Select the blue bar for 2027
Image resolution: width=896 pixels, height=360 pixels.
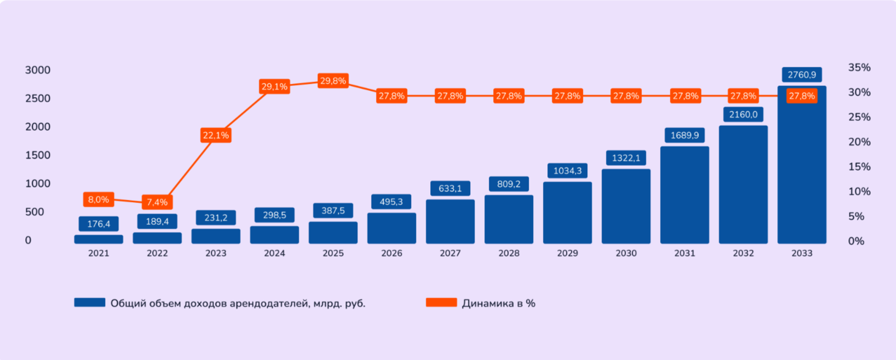(450, 222)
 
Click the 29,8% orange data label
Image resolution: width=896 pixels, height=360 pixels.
(333, 81)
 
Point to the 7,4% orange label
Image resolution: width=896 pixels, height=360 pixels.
(157, 202)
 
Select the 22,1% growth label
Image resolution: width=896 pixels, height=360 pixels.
(216, 135)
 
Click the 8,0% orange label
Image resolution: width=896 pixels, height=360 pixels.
(99, 200)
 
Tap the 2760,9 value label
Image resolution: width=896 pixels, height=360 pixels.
(801, 74)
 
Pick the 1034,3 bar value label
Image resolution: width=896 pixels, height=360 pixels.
(567, 171)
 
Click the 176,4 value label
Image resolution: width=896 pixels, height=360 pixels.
(99, 224)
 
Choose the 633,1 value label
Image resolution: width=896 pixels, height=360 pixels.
(450, 188)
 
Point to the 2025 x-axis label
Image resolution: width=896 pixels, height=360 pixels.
(333, 253)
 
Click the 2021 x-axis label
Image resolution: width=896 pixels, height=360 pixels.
(99, 253)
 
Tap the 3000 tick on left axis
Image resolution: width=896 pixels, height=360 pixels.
(38, 70)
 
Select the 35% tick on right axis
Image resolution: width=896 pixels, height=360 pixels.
(859, 68)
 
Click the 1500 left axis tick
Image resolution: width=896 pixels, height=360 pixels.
(38, 155)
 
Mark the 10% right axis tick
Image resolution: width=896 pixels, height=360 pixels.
(859, 191)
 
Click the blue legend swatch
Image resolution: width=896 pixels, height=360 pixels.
(90, 303)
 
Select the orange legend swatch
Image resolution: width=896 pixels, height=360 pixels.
(441, 303)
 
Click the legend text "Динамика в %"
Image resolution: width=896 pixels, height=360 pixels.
(498, 303)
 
